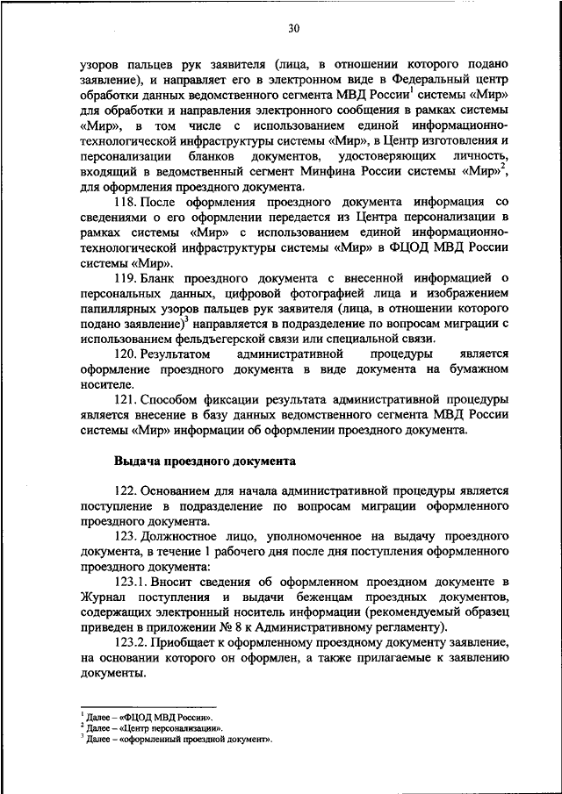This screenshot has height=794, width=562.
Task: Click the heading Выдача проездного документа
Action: click(x=205, y=460)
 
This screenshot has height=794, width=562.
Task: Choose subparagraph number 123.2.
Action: click(x=134, y=642)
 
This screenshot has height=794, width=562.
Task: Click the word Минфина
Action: click(x=346, y=170)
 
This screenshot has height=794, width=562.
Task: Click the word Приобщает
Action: click(x=194, y=642)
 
